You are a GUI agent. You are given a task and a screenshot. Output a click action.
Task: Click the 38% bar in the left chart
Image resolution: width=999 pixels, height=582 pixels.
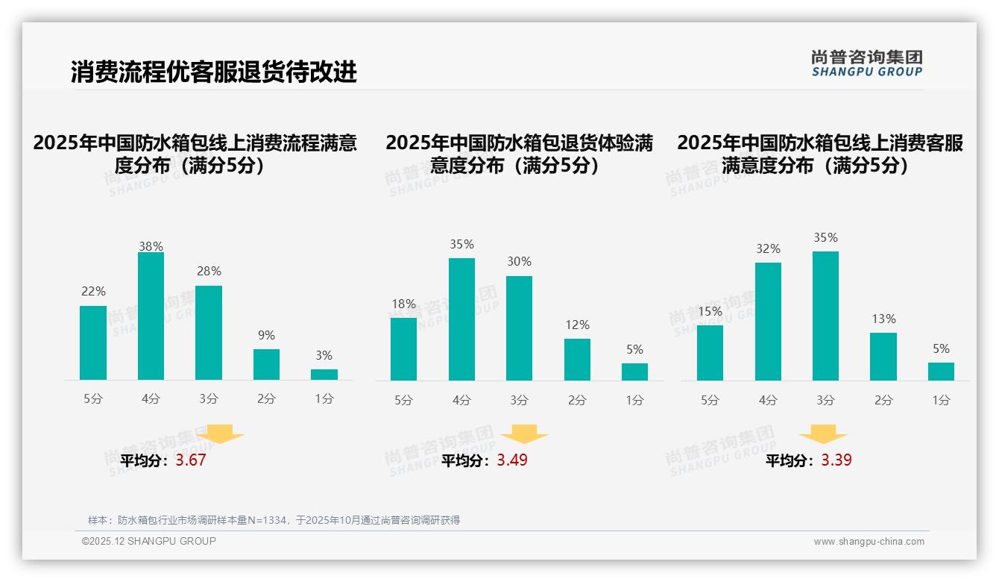coord(151,316)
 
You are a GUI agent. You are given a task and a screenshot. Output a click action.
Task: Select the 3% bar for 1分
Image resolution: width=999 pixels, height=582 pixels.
coord(324,375)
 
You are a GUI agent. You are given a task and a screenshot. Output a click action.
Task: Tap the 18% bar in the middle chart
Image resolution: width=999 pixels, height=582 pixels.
coord(403,349)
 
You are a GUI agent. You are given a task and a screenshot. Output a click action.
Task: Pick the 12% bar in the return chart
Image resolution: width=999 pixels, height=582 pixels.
coord(577,360)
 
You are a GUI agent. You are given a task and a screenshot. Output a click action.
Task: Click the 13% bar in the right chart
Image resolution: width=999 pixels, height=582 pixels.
coord(883,357)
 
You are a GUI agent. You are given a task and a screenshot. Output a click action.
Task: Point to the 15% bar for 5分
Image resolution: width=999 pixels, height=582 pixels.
coord(710,353)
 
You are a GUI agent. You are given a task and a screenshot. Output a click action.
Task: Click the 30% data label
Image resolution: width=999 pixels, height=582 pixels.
coord(519,262)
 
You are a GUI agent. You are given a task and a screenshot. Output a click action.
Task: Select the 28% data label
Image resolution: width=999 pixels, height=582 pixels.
coord(209,272)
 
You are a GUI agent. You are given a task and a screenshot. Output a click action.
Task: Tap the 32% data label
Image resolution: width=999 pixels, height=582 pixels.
coord(768,249)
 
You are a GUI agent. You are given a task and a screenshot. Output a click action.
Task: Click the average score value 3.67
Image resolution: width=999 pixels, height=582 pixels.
coord(191,460)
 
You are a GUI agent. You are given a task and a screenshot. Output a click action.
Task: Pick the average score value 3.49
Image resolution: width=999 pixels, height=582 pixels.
coord(512,460)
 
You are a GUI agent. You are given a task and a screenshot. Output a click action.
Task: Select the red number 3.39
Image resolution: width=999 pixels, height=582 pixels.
coord(836,460)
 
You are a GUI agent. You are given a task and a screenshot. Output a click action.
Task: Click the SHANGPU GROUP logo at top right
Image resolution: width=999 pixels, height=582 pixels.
coord(867,63)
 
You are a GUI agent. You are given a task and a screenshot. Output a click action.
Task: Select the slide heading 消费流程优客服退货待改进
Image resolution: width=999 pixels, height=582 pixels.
coord(214,72)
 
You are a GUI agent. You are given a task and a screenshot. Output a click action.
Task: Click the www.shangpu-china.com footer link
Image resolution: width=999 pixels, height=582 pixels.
coord(869,542)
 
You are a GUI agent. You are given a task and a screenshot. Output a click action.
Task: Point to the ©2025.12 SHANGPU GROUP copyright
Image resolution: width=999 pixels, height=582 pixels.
coord(149,541)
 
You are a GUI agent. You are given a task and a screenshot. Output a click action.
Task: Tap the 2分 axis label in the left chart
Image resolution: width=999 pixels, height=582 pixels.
coord(266,399)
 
